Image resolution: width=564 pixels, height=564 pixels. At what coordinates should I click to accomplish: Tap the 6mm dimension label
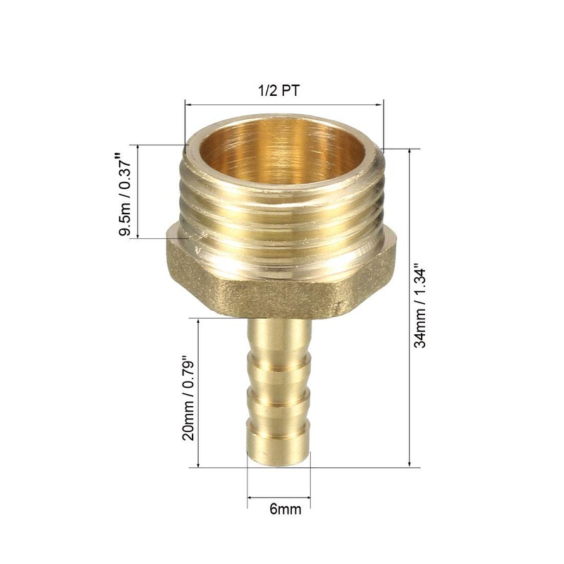[279, 509]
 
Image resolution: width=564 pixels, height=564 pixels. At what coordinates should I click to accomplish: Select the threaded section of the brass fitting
[282, 211]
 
